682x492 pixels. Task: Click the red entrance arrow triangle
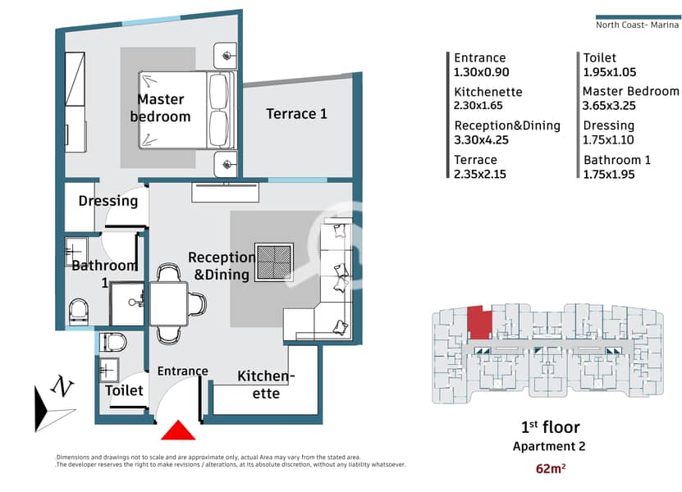[x=178, y=430]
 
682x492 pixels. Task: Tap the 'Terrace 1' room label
[x=296, y=114]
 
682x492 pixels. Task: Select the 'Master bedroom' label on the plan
[x=161, y=107]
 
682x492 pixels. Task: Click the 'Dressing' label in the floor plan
[x=108, y=201]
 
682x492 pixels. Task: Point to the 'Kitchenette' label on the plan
[x=266, y=385]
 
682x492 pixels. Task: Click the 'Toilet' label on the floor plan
[x=124, y=390]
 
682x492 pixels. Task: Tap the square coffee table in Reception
[x=273, y=262]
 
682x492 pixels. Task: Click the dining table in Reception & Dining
[x=169, y=303]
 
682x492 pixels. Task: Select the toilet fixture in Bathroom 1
[x=79, y=311]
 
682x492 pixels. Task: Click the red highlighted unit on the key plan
[x=479, y=322]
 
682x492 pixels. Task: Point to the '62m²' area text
[x=551, y=468]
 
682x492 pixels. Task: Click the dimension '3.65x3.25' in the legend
[x=609, y=106]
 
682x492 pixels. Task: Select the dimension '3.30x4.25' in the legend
[x=481, y=140]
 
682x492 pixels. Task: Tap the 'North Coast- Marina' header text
[x=637, y=25]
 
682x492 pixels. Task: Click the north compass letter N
[x=62, y=386]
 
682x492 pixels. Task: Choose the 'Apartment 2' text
[x=549, y=446]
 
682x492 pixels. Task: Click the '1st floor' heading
[x=550, y=427]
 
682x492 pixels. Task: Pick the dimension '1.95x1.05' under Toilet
[x=609, y=72]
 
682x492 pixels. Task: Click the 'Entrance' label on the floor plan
[x=183, y=371]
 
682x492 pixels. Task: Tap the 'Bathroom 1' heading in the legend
[x=617, y=160]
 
